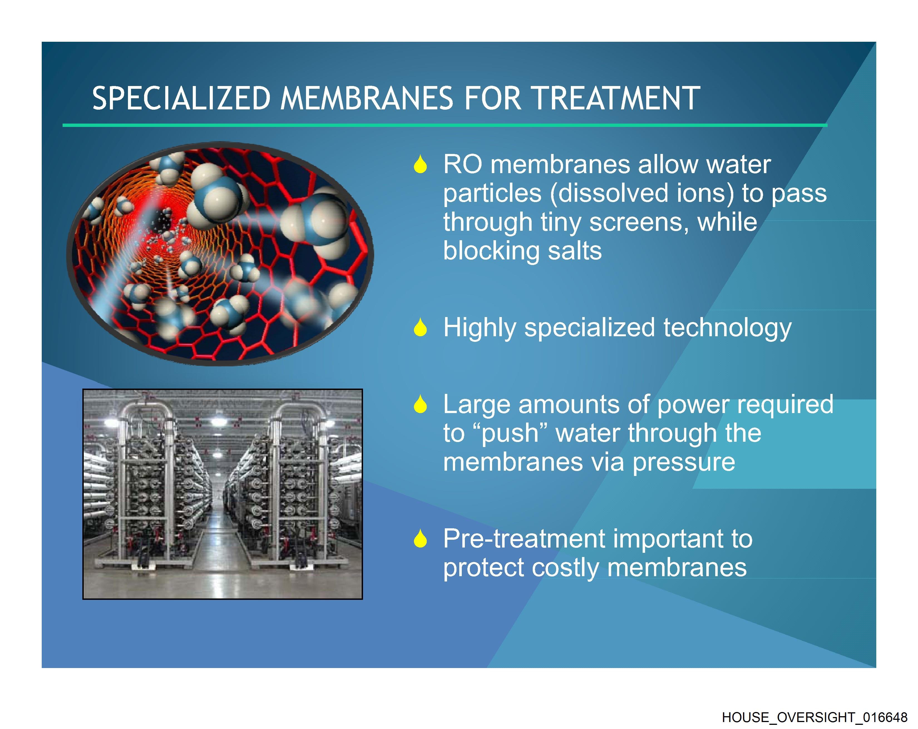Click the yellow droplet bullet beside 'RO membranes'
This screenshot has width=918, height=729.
[420, 164]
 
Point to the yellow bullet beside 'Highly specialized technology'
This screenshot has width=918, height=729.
[420, 327]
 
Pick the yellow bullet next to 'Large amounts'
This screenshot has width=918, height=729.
[420, 404]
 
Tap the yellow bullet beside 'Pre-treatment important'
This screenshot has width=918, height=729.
[420, 539]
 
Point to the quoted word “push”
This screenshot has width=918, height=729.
[510, 434]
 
